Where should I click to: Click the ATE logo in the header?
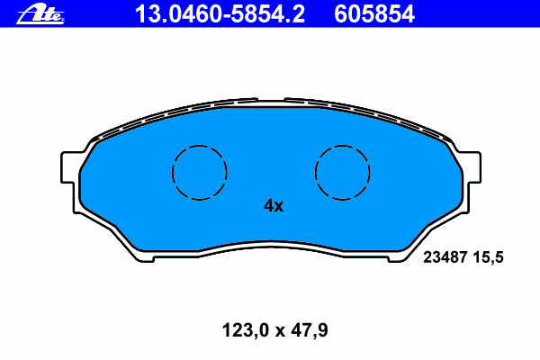40,13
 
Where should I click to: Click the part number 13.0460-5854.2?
220,14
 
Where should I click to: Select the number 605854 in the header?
374,14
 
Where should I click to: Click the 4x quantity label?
274,206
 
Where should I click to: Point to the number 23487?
445,257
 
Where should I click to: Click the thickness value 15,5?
489,257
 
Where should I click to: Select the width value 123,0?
245,330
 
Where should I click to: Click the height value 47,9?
310,330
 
